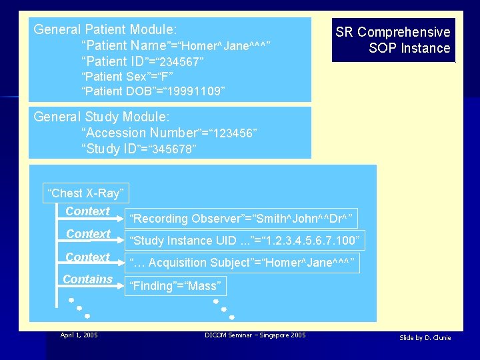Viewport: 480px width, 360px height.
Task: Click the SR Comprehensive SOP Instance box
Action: click(393, 40)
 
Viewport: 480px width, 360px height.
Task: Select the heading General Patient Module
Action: click(105, 29)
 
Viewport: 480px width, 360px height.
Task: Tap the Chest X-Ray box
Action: click(85, 193)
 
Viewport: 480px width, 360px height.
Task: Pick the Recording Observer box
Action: click(242, 219)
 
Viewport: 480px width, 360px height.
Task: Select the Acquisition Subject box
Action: click(243, 263)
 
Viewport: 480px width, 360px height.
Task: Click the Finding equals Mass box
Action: click(177, 286)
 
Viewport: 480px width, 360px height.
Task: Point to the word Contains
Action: click(87, 279)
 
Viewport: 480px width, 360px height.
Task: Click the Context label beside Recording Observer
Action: click(87, 211)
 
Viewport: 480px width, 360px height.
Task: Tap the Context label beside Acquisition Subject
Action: click(87, 257)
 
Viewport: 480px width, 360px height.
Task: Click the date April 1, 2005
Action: click(79, 335)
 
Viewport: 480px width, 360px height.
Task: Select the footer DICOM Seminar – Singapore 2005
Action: click(255, 335)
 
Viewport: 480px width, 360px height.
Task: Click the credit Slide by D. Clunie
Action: click(425, 338)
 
